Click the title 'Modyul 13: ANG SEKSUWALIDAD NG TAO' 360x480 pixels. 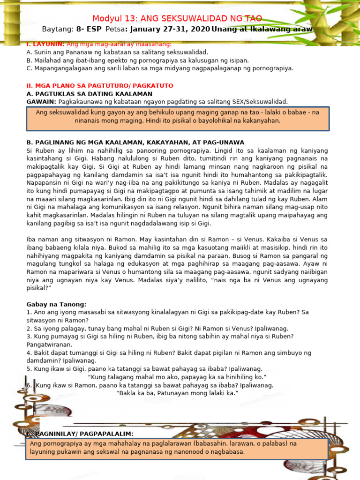(x=177, y=19)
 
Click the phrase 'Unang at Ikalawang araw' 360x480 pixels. (x=262, y=30)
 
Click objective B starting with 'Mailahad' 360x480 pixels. (x=138, y=60)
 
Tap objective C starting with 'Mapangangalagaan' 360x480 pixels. (x=160, y=68)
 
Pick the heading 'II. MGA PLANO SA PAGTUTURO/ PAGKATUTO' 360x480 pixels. (x=100, y=86)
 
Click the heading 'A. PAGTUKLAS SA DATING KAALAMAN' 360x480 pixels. (x=90, y=94)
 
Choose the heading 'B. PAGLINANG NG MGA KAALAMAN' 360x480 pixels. (x=135, y=142)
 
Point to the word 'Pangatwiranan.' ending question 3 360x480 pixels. (x=49, y=345)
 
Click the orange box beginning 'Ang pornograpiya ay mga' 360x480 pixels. (x=178, y=448)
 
